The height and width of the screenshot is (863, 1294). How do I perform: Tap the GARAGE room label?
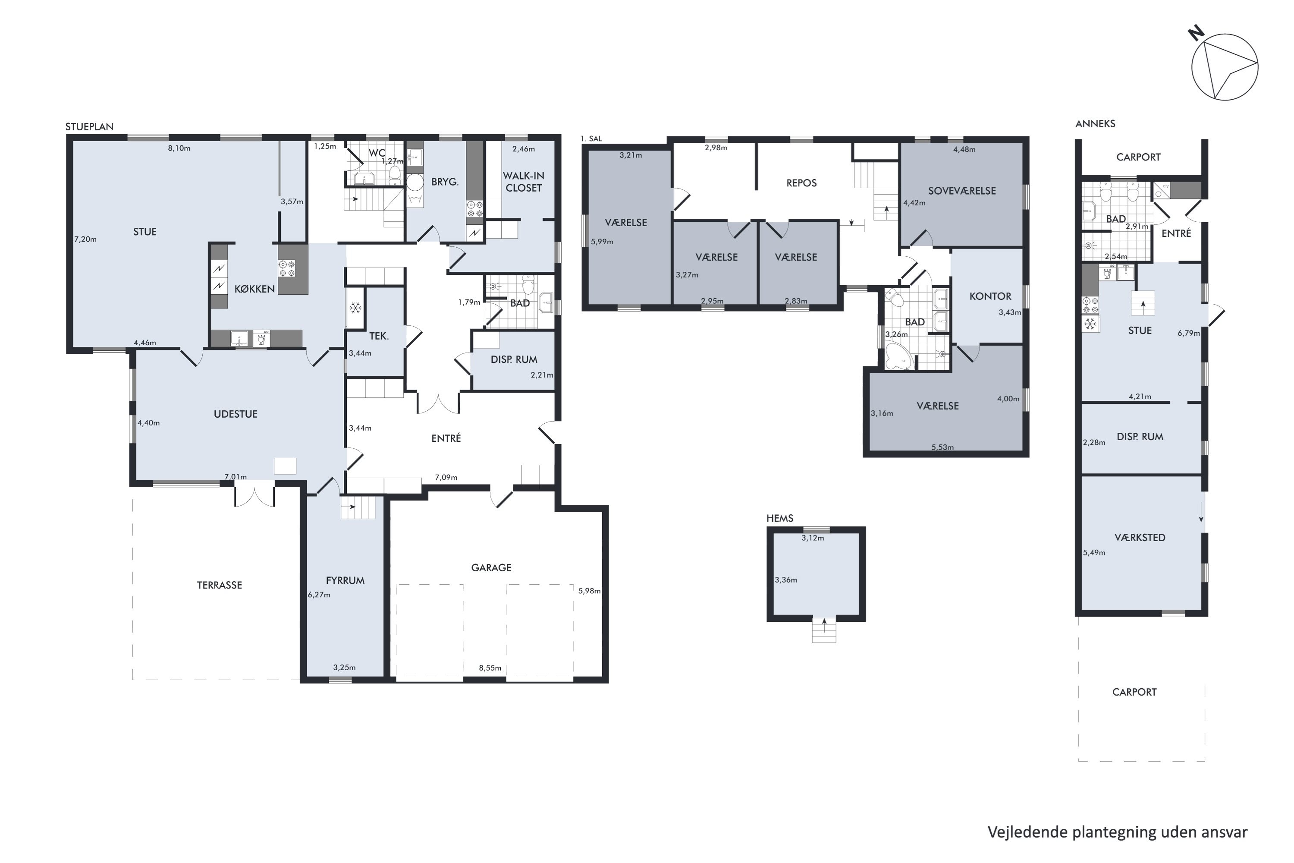(x=491, y=567)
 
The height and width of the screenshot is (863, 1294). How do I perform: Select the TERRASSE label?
(x=220, y=585)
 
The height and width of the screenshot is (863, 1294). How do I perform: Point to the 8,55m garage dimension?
(x=490, y=668)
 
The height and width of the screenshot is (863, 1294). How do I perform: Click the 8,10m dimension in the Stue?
(x=179, y=148)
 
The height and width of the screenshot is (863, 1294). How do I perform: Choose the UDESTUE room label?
(x=236, y=414)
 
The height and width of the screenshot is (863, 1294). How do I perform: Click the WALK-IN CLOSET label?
(x=524, y=182)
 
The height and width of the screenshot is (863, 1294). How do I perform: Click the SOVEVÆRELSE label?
(x=962, y=191)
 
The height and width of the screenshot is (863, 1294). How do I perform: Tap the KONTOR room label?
(x=990, y=296)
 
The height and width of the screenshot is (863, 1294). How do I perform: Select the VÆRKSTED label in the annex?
(x=1140, y=538)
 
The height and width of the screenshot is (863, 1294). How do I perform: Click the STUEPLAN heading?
(x=89, y=126)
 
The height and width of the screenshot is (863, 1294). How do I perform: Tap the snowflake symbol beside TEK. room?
(x=355, y=308)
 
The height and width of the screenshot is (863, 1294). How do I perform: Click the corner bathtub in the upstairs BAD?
(x=899, y=356)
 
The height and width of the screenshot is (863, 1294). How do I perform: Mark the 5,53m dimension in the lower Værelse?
(x=942, y=447)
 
